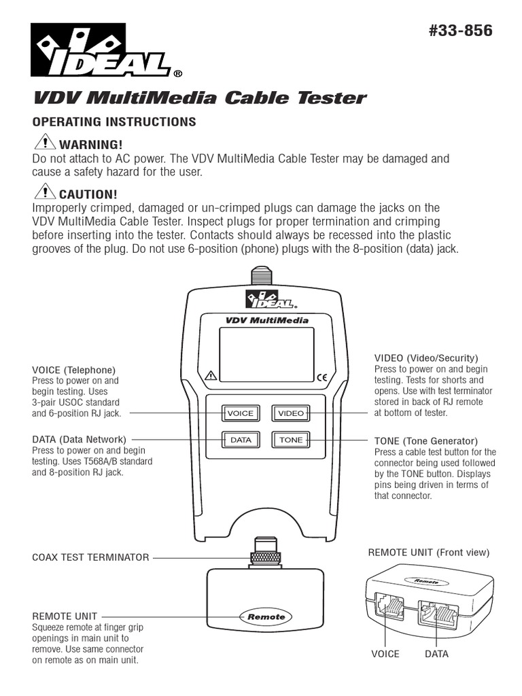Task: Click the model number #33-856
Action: pyautogui.click(x=461, y=32)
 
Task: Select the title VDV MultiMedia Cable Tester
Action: pyautogui.click(x=199, y=98)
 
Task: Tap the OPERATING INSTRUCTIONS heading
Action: pyautogui.click(x=114, y=122)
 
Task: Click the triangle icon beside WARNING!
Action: pyautogui.click(x=45, y=143)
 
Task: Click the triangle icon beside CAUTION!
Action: pyautogui.click(x=45, y=193)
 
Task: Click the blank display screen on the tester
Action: pyautogui.click(x=266, y=354)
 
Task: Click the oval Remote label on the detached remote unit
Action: pyautogui.click(x=266, y=616)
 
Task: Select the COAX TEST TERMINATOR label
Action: pyautogui.click(x=90, y=557)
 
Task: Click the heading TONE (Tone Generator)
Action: pyautogui.click(x=425, y=441)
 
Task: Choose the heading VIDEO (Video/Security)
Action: pyautogui.click(x=426, y=358)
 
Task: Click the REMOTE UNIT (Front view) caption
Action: pyautogui.click(x=428, y=553)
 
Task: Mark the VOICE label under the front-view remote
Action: pyautogui.click(x=385, y=654)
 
